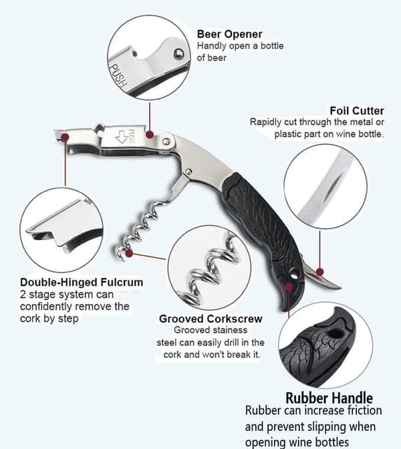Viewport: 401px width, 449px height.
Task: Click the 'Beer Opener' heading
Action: (x=229, y=34)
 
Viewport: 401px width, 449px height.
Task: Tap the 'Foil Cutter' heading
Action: (x=357, y=110)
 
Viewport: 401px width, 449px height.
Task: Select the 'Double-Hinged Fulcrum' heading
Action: (x=82, y=283)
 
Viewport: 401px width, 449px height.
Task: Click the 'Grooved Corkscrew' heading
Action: (x=211, y=319)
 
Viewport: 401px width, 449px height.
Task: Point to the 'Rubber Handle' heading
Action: (x=329, y=398)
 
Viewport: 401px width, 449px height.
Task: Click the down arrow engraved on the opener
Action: (x=122, y=136)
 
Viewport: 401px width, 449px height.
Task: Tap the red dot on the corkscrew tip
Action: (x=129, y=253)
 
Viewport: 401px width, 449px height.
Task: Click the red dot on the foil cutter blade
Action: (x=319, y=272)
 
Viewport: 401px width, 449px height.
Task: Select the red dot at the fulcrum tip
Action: (x=65, y=137)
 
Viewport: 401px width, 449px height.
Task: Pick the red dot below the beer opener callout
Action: (x=150, y=134)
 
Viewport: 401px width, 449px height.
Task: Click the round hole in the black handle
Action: (x=293, y=273)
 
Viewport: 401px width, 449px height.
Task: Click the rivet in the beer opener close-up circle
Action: (x=179, y=53)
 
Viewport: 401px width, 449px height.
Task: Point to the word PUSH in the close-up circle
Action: (x=118, y=76)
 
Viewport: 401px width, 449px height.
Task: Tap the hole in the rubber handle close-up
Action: (x=336, y=334)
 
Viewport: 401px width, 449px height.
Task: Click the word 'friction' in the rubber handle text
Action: (x=364, y=411)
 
